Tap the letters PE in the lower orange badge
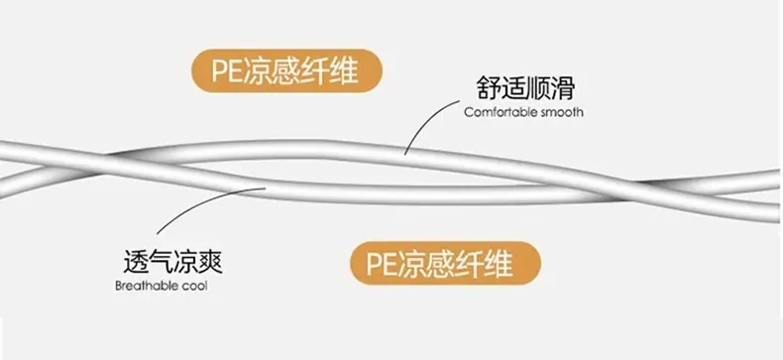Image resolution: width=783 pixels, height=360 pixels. coord(382,264)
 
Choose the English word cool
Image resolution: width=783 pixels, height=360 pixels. coord(195,287)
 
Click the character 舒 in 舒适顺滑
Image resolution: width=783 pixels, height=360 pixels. coord(488,88)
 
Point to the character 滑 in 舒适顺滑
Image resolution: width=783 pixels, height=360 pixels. coord(563,88)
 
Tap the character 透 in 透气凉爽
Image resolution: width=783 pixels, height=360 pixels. coord(136,262)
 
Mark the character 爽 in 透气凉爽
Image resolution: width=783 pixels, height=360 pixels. coord(210,262)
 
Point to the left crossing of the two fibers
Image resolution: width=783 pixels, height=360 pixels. coord(103,165)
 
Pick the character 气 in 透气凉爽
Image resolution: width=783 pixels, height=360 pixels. coord(161,262)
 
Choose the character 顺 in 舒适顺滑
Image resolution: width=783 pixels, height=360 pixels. coord(538,88)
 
